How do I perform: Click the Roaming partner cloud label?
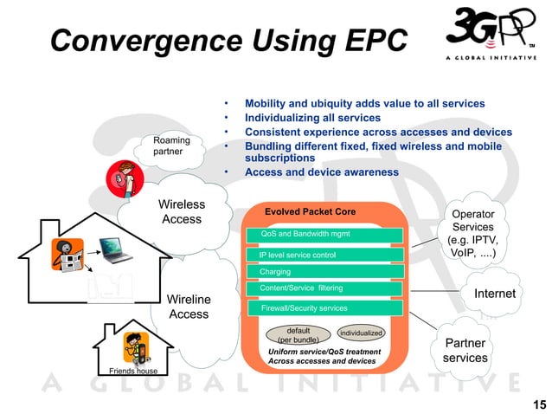(171, 146)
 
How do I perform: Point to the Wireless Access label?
(182, 212)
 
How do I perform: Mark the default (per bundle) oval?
(298, 334)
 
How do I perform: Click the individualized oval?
(361, 333)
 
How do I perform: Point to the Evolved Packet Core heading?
(310, 211)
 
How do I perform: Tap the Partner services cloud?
(465, 351)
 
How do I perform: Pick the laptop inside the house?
(114, 248)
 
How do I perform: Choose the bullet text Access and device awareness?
(322, 172)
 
